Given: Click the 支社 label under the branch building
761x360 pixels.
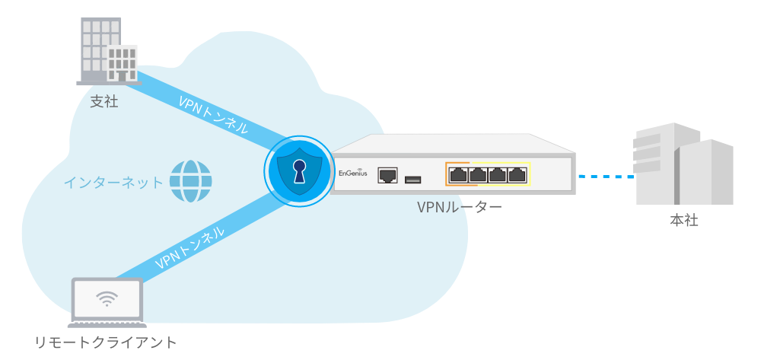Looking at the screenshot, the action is coord(103,103).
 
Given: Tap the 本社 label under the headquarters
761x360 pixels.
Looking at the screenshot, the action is coord(683,220).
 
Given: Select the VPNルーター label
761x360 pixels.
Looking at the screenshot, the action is coord(459,208).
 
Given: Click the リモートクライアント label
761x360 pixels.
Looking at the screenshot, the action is coord(106,342).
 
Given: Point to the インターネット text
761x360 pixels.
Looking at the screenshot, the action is coord(113,183).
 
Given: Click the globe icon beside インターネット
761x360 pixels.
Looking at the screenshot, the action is coord(190,181).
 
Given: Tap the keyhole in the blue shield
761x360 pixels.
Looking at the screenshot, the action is coord(298,171).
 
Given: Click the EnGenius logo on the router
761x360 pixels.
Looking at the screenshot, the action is coord(353,174).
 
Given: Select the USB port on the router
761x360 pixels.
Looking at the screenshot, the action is coord(412,180).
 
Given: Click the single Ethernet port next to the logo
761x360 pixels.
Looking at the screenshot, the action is coord(387,175).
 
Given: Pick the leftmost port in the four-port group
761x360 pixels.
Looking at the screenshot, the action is coord(458,174).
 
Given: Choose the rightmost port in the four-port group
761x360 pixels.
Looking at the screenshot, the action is coord(517,174).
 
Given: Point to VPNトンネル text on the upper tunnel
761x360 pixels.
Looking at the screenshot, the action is coord(213,115).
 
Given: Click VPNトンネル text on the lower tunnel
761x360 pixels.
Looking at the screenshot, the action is coord(189,248).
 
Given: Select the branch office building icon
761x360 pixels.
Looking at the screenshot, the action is coord(109,51).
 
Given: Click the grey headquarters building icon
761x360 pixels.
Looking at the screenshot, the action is coord(683,164).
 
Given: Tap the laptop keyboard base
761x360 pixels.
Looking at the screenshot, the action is coord(107,323).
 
